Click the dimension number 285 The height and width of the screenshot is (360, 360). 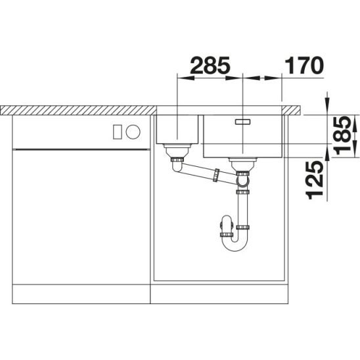[210, 66]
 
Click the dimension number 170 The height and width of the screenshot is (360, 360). [304, 66]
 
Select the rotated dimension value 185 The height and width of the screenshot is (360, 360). [342, 135]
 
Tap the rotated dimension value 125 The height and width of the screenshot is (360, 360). [315, 180]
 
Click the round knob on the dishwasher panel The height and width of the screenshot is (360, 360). [133, 132]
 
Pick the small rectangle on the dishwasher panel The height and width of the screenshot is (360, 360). [118, 132]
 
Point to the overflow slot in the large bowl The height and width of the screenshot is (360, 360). [242, 122]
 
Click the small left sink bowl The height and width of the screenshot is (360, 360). [177, 129]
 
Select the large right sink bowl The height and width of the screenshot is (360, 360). [243, 136]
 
